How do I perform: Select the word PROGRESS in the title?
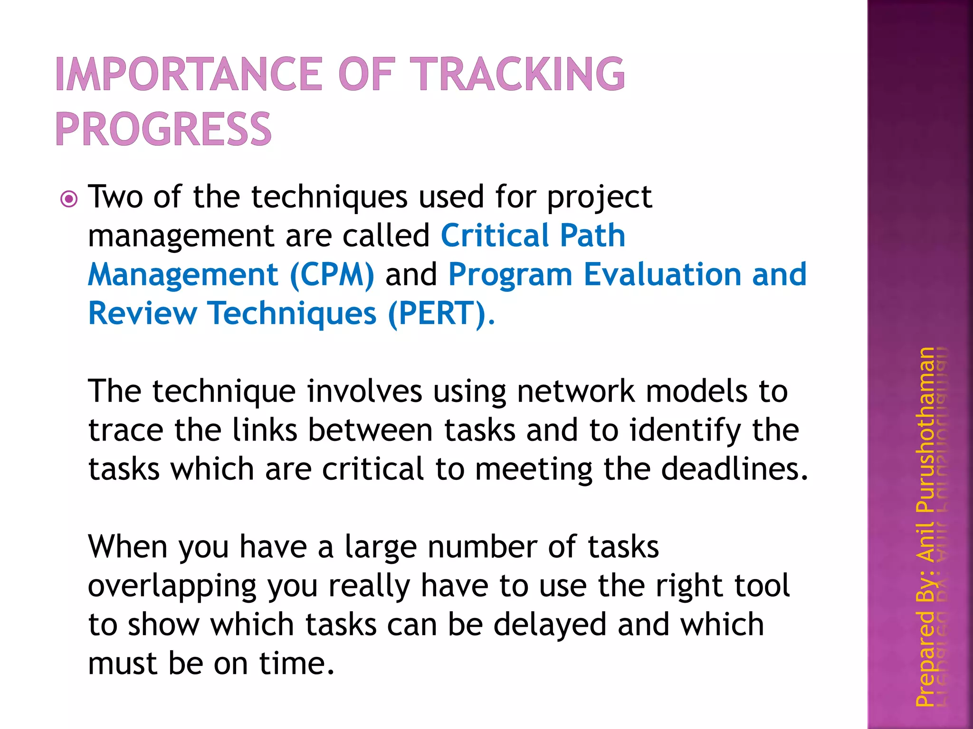(x=163, y=129)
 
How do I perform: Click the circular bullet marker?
(x=69, y=199)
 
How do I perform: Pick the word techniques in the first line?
(x=329, y=197)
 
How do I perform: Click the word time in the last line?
(x=296, y=664)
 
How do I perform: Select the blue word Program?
(x=510, y=275)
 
